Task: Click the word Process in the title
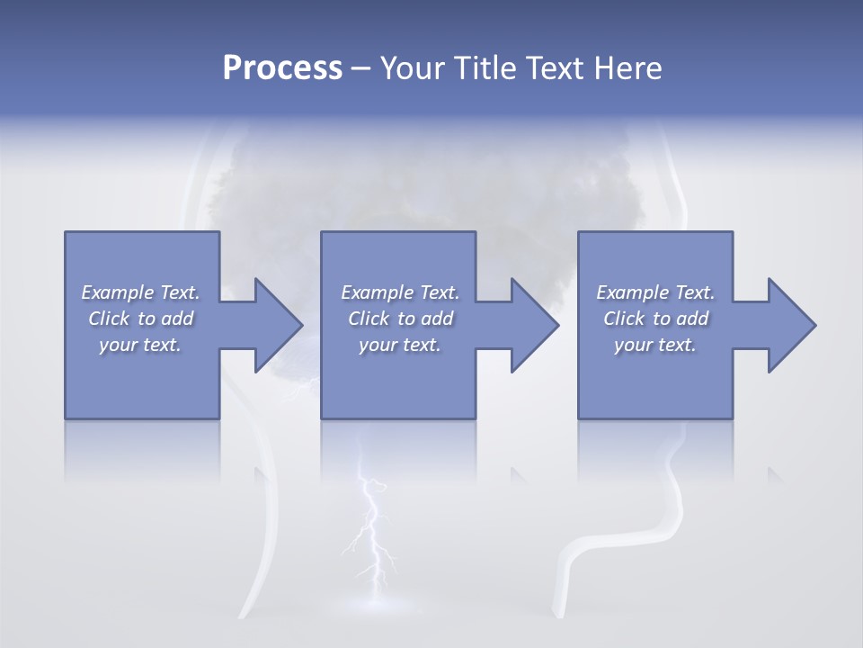282,67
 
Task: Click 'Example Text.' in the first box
140,292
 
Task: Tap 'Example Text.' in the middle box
399,292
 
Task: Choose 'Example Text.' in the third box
655,292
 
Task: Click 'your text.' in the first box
140,345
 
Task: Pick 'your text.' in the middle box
399,345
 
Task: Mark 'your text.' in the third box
655,345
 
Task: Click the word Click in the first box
109,319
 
